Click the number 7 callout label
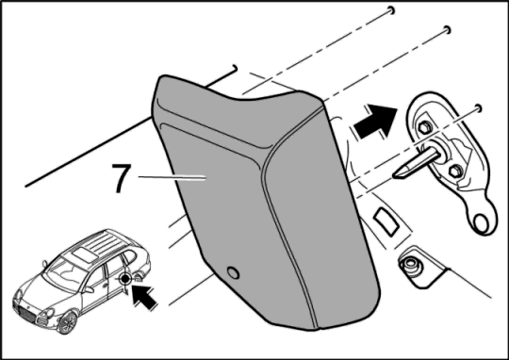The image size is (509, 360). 122,178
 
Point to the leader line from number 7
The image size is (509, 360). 172,177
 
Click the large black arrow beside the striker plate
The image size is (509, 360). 375,121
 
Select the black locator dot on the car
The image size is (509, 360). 125,279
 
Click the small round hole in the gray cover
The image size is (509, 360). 233,272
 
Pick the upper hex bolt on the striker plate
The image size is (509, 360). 425,127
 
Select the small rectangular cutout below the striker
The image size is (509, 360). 386,221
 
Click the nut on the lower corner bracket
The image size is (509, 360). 410,264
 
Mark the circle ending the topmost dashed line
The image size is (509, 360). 392,10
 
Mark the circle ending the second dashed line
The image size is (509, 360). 447,30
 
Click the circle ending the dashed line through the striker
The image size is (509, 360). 478,107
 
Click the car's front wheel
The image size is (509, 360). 67,322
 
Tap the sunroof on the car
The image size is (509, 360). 84,254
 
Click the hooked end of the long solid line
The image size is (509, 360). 235,68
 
